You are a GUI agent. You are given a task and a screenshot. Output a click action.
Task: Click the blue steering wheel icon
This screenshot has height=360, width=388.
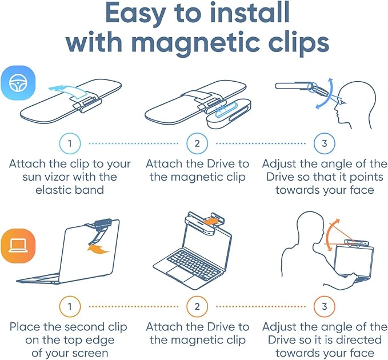coord(18,83)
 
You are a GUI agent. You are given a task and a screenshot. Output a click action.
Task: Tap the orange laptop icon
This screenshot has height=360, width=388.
coord(18,246)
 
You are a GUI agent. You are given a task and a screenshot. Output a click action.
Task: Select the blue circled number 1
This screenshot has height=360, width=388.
coord(70,143)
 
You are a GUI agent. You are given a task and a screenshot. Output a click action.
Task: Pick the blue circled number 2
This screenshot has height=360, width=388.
coord(197,143)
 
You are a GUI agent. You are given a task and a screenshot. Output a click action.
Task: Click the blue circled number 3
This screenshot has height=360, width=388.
coord(325,143)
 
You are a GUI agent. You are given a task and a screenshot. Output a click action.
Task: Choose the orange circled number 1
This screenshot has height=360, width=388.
coord(70,306)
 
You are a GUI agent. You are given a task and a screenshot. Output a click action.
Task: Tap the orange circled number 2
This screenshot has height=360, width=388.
coord(197,306)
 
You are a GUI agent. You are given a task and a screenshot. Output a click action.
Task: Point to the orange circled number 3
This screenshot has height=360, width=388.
coord(325,306)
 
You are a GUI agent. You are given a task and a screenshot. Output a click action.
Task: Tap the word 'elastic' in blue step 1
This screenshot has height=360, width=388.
coord(53,190)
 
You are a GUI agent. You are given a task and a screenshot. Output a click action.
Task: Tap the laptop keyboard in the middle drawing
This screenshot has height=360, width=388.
coord(193,264)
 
